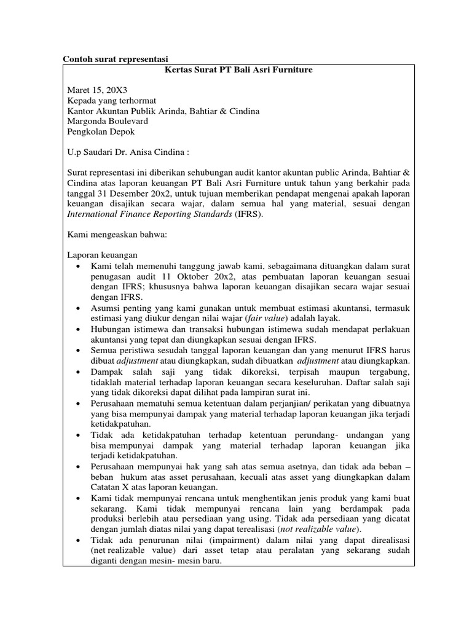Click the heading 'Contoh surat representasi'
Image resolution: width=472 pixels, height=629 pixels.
[x=116, y=59]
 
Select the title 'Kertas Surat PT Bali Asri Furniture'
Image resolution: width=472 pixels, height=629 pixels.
[x=239, y=70]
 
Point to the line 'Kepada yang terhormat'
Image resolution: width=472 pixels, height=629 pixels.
[x=111, y=101]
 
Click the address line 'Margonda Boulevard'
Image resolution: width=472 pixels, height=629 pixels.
[x=107, y=121]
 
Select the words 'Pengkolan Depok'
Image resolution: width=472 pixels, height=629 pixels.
[x=100, y=131]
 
